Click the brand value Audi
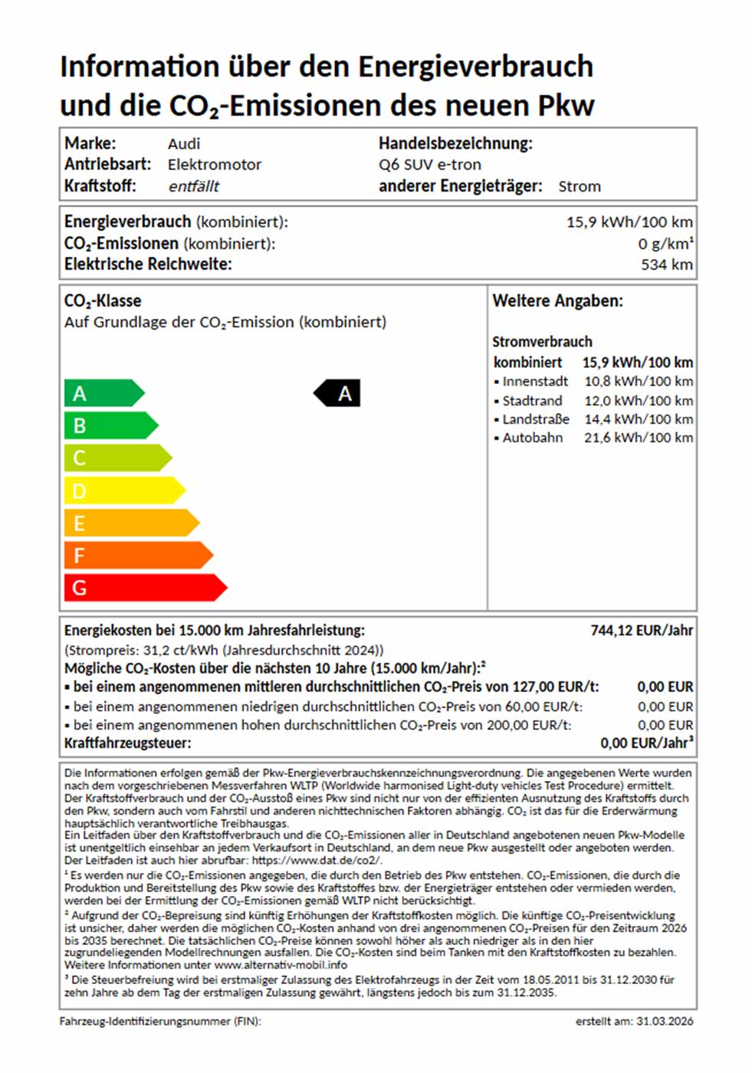pyautogui.click(x=184, y=143)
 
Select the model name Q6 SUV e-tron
pyautogui.click(x=429, y=165)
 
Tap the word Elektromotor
pyautogui.click(x=215, y=165)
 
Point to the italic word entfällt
pyautogui.click(x=193, y=186)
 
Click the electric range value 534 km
pyautogui.click(x=666, y=264)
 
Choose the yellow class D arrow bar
pyautogui.click(x=123, y=491)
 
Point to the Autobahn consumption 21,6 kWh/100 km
pyautogui.click(x=638, y=438)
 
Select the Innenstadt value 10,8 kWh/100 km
pyautogui.click(x=638, y=382)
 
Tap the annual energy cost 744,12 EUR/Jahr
pyautogui.click(x=641, y=630)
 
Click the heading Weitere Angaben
pyautogui.click(x=557, y=301)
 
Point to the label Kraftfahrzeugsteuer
pyautogui.click(x=127, y=743)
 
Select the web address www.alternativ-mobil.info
pyautogui.click(x=281, y=965)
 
